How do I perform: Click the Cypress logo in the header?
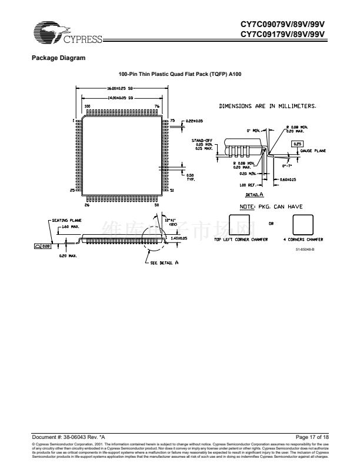[66, 34]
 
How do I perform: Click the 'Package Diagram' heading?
[58, 58]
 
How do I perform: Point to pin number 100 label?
[87, 106]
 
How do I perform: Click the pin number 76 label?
[158, 106]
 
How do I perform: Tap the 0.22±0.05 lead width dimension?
[194, 121]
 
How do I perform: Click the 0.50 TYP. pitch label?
[190, 177]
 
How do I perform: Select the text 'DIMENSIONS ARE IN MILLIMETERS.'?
[268, 106]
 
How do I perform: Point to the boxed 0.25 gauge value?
[298, 144]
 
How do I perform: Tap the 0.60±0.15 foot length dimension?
[288, 179]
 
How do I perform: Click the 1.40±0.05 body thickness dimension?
[178, 238]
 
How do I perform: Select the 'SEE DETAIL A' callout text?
[160, 262]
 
